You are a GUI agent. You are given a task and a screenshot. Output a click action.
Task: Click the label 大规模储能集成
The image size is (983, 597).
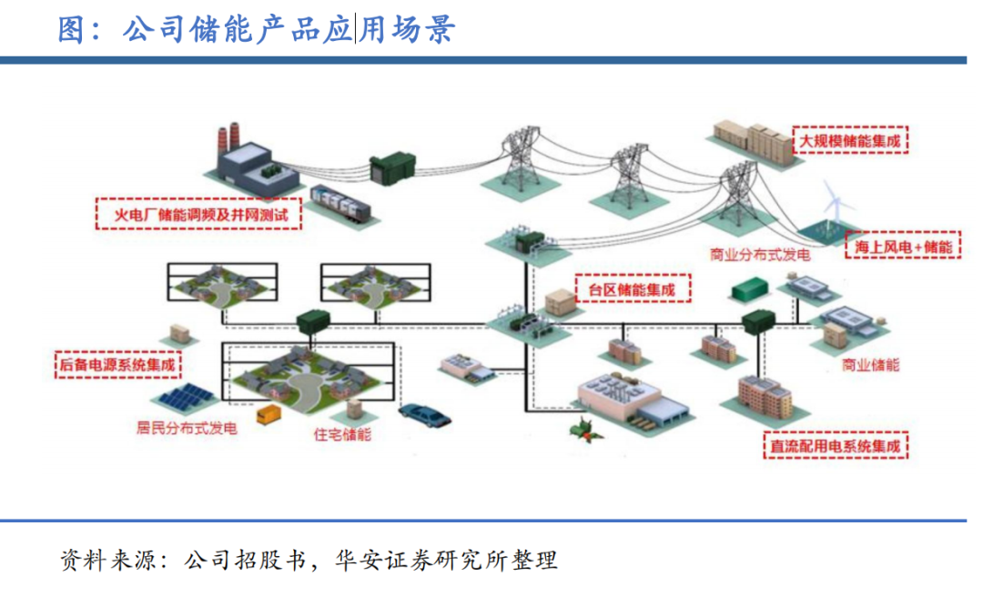(x=852, y=141)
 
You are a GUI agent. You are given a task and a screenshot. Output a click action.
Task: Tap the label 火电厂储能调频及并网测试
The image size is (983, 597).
(x=199, y=217)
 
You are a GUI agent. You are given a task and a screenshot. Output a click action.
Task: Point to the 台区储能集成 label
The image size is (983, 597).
(x=633, y=289)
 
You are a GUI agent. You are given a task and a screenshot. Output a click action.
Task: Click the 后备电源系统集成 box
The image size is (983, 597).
(x=117, y=366)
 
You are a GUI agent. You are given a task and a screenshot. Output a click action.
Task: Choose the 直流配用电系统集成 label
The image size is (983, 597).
(x=836, y=446)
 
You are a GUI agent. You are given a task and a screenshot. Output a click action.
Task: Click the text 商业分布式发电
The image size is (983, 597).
(x=760, y=256)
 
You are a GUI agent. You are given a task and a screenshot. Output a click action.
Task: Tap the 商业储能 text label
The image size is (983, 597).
(x=871, y=365)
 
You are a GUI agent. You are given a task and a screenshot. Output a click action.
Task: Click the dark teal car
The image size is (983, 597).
(x=423, y=414)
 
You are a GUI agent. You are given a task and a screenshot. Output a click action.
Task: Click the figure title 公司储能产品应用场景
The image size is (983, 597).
(x=256, y=29)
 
